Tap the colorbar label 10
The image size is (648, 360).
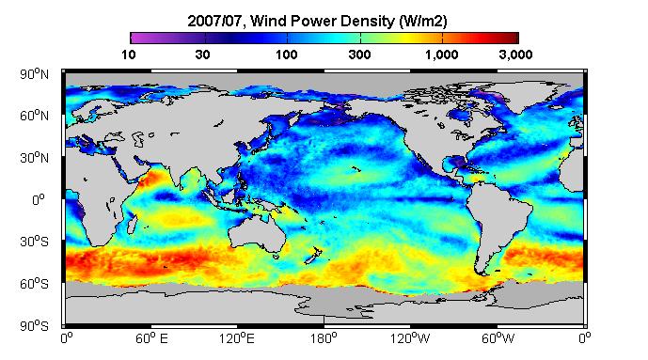[x=129, y=55]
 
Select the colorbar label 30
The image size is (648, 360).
[x=202, y=55]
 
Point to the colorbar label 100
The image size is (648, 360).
[x=287, y=55]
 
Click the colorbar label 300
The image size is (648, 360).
[x=359, y=55]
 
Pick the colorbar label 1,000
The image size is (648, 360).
[x=442, y=55]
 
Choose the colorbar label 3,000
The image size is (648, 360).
[x=515, y=55]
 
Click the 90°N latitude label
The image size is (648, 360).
[x=34, y=74]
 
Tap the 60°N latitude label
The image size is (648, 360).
[x=34, y=116]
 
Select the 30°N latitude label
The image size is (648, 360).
[x=34, y=158]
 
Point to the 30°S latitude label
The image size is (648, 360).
[x=34, y=242]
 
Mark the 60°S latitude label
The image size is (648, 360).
[x=34, y=284]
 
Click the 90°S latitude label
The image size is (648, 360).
[x=34, y=326]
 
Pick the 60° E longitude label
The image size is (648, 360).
[x=151, y=339]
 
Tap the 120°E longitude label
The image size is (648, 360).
[x=237, y=339]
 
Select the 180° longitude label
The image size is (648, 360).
[x=324, y=339]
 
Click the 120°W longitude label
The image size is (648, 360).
[x=410, y=339]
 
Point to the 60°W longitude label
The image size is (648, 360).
[x=498, y=339]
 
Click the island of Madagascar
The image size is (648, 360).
[x=133, y=224]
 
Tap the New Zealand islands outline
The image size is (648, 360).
[x=313, y=256]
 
